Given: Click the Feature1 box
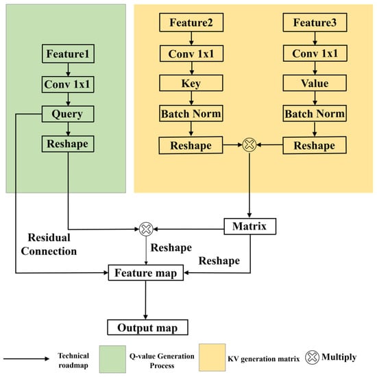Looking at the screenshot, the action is pyautogui.click(x=68, y=53).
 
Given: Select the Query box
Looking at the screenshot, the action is pyautogui.click(x=68, y=114).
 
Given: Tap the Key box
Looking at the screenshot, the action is pyautogui.click(x=191, y=83).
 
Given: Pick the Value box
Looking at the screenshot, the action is pyautogui.click(x=315, y=83).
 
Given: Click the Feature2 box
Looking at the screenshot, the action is pyautogui.click(x=191, y=23).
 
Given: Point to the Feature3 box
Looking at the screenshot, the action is pyautogui.click(x=315, y=23).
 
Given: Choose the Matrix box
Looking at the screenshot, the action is pyautogui.click(x=250, y=226).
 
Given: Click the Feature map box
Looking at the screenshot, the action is pyautogui.click(x=146, y=273).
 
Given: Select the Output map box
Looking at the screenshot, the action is pyautogui.click(x=147, y=327).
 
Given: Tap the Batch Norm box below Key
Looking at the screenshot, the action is pyautogui.click(x=191, y=113).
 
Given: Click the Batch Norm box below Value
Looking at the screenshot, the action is pyautogui.click(x=315, y=113).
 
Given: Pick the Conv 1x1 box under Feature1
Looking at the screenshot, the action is pyautogui.click(x=68, y=84).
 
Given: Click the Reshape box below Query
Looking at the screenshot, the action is pyautogui.click(x=68, y=144).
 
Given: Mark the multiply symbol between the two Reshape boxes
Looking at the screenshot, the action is pyautogui.click(x=250, y=145).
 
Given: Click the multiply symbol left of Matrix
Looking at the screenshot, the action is pyautogui.click(x=146, y=229).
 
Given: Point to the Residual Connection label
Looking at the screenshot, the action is pyautogui.click(x=49, y=244).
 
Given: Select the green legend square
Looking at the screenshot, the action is pyautogui.click(x=112, y=359).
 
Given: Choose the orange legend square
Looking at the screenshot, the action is pyautogui.click(x=212, y=358).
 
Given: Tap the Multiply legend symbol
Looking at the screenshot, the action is pyautogui.click(x=312, y=357).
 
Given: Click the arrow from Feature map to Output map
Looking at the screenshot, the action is pyautogui.click(x=145, y=300).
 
